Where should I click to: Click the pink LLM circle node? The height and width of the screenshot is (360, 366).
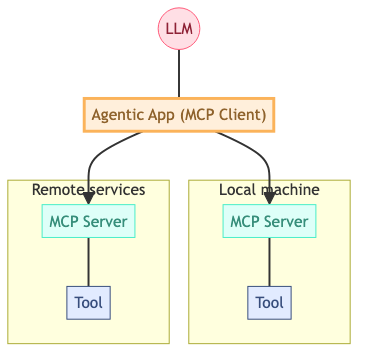pos(179,27)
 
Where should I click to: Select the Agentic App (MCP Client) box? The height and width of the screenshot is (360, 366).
pos(179,114)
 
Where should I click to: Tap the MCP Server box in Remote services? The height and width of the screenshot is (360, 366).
pos(89,221)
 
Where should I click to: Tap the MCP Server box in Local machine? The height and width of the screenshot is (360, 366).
pos(269,221)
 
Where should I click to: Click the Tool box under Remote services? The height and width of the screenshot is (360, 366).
pos(89,302)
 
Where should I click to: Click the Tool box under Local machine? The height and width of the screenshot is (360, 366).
pos(269,302)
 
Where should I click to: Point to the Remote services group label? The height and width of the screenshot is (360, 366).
pos(89,189)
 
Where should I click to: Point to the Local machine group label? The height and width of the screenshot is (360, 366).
pos(269,189)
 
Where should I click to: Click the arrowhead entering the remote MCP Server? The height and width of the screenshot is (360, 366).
pos(89,198)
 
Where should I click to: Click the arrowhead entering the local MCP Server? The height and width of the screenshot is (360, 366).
pos(269,198)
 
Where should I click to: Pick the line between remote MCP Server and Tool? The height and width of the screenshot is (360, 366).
pos(89,262)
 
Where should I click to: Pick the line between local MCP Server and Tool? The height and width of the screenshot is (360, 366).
pos(269,262)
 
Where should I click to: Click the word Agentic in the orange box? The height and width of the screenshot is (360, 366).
pos(116,114)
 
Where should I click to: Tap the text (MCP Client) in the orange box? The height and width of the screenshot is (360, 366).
pos(225,114)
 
